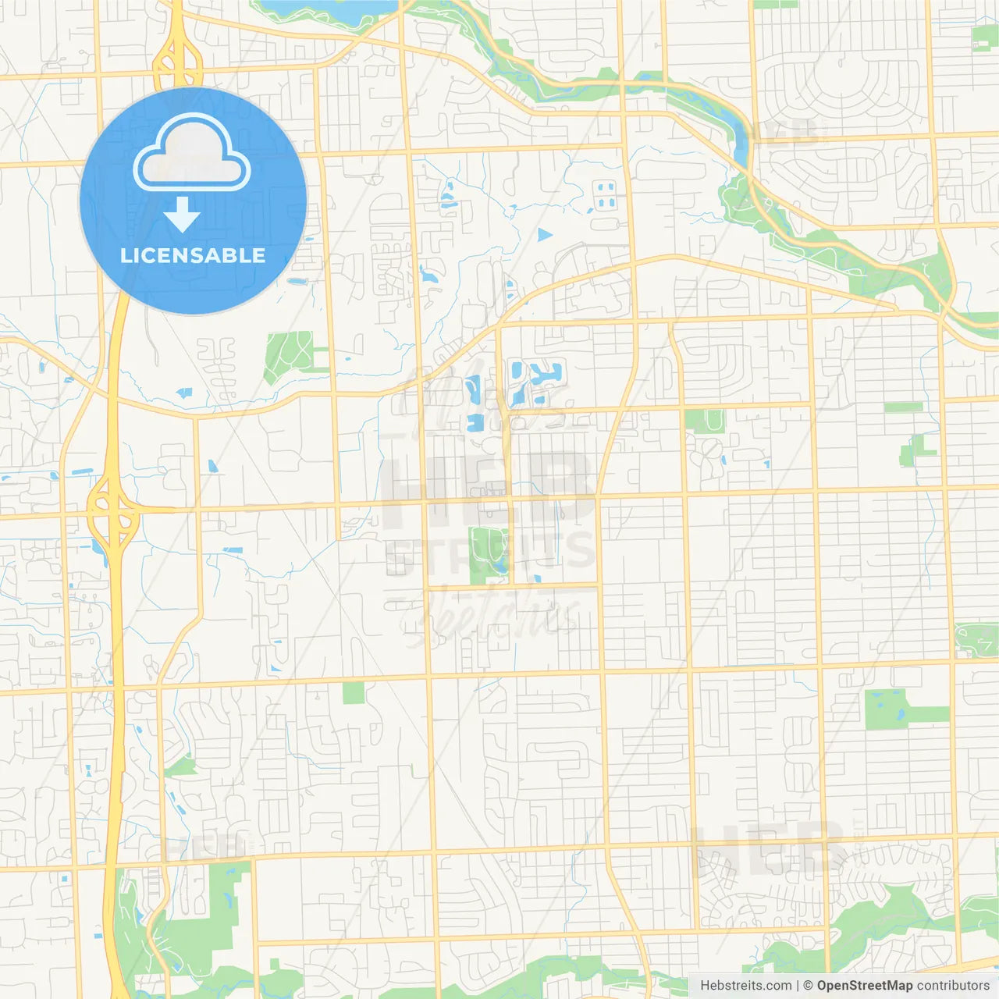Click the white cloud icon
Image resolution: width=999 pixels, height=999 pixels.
point(192,153)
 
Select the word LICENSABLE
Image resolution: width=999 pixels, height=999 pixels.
point(193,255)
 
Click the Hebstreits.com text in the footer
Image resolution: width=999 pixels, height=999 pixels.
point(745,986)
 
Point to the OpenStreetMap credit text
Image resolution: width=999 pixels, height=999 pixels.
point(864,986)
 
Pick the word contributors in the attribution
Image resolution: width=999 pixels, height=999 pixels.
point(952,986)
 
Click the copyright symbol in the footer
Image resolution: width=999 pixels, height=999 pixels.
point(808,986)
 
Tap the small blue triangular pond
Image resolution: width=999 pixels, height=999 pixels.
point(544,234)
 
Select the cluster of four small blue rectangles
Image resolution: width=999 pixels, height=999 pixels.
point(606,195)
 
